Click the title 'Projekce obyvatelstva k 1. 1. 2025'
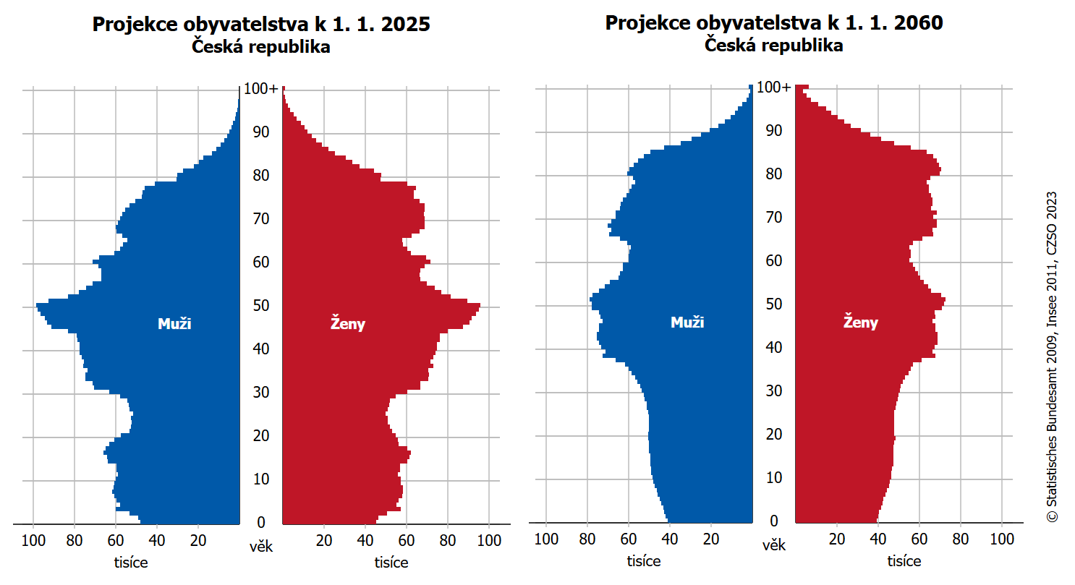261,25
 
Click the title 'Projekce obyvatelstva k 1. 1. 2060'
774,24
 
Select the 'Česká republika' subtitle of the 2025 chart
261,48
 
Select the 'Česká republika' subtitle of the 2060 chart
774,46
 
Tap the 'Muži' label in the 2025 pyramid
174,324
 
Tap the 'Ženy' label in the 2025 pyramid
348,324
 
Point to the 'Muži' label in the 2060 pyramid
687,323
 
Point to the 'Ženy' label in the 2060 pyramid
861,323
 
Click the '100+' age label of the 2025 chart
260,89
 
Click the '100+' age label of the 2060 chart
773,87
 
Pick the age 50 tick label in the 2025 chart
260,306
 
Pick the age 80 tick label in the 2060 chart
773,174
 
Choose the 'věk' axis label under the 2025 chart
260,546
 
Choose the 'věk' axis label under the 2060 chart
773,545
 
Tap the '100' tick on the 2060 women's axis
1001,538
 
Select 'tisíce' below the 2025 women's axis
391,563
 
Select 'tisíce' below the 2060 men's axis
644,561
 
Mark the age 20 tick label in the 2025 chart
260,436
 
